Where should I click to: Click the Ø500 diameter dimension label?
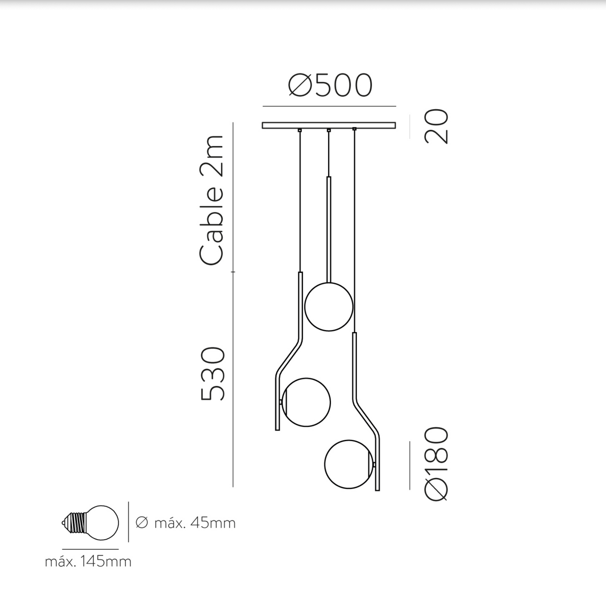[330, 86]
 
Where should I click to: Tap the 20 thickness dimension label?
[437, 126]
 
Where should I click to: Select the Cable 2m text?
[212, 200]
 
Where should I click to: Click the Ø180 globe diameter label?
[437, 464]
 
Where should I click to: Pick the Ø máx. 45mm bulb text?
[186, 523]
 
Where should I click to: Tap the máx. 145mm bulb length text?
[88, 561]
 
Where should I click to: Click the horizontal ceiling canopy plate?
[329, 125]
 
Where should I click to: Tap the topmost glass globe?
[329, 307]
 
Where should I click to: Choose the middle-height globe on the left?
[306, 402]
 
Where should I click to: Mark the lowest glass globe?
[349, 464]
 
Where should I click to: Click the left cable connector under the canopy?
[299, 130]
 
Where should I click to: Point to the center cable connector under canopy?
[329, 130]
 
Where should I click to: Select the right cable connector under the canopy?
[354, 129]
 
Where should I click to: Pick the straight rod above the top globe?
[329, 228]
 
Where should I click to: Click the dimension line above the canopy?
[329, 106]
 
